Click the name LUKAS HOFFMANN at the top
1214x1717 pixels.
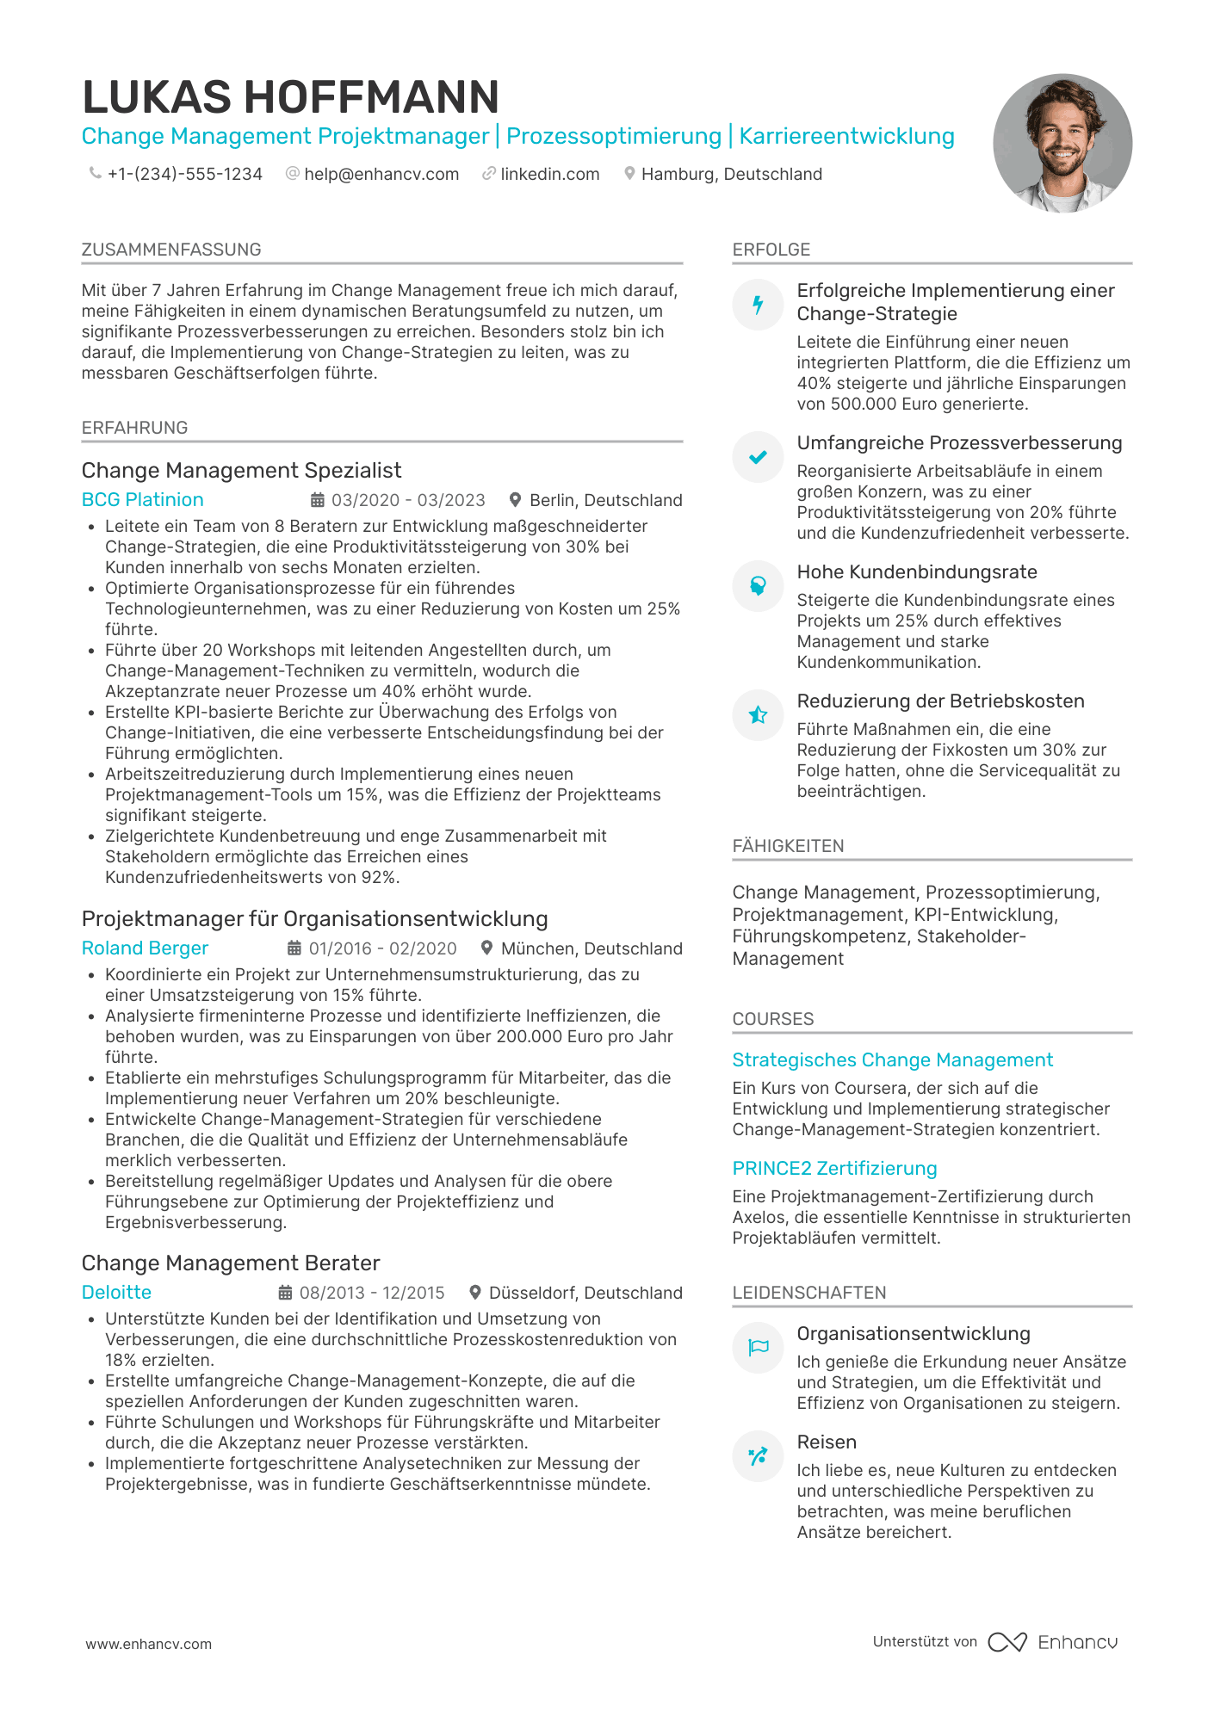click(x=290, y=96)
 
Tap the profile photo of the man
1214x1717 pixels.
click(x=1062, y=143)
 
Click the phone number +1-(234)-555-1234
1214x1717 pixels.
click(x=184, y=174)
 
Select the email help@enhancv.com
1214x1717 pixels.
click(x=381, y=174)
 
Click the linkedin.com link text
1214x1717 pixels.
click(x=549, y=174)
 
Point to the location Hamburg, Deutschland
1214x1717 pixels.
click(x=731, y=174)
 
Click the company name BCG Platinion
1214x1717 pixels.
click(x=142, y=500)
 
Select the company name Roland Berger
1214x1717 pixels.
click(x=145, y=948)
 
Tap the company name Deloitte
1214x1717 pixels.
click(x=116, y=1293)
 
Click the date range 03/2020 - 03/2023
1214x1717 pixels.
click(x=408, y=500)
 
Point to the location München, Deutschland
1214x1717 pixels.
click(x=591, y=948)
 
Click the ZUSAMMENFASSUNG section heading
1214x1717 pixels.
click(x=171, y=250)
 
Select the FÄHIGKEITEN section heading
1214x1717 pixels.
click(x=788, y=846)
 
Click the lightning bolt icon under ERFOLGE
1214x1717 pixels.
click(x=758, y=305)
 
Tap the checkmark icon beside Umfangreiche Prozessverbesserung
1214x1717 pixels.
click(x=758, y=457)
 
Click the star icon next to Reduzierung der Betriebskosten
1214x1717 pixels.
click(x=758, y=715)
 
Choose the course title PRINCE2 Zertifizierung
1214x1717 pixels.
click(x=834, y=1169)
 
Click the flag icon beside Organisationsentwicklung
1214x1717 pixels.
click(x=758, y=1348)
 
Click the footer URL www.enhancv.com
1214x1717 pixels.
click(x=148, y=1644)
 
